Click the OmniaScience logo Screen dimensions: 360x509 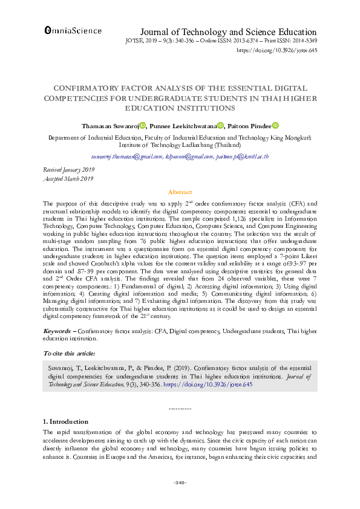coord(73,30)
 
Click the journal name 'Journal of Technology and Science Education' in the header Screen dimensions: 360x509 coord(228,32)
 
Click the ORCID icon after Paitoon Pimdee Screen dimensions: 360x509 coord(275,126)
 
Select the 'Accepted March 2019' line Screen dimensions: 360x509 coord(68,179)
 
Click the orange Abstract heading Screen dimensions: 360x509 coord(180,192)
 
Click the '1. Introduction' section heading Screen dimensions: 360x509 coord(66,421)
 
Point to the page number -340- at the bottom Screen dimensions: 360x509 coord(180,482)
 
